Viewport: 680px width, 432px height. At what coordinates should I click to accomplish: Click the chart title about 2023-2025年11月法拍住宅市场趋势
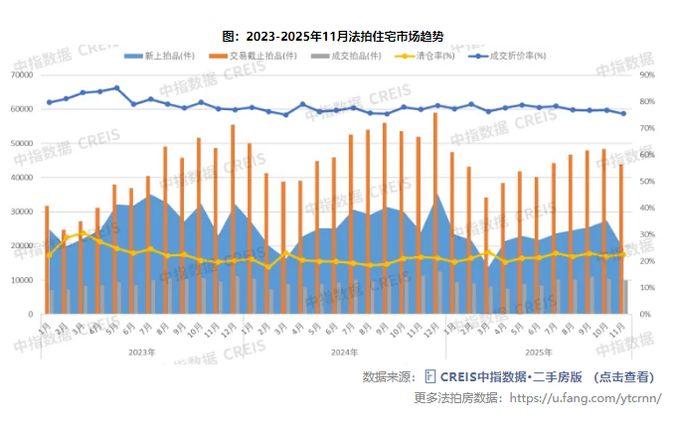click(340, 36)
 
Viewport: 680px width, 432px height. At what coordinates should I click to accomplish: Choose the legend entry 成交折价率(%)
click(517, 56)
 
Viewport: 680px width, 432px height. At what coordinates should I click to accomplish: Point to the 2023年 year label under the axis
click(142, 352)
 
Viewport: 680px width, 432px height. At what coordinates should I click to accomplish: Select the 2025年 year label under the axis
click(538, 352)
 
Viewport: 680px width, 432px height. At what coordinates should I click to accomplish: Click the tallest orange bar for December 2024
click(435, 214)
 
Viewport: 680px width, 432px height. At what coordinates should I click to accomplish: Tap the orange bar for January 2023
click(47, 259)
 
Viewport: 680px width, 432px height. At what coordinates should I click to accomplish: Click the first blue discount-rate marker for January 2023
click(49, 102)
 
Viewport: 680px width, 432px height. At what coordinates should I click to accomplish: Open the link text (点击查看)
click(625, 377)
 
